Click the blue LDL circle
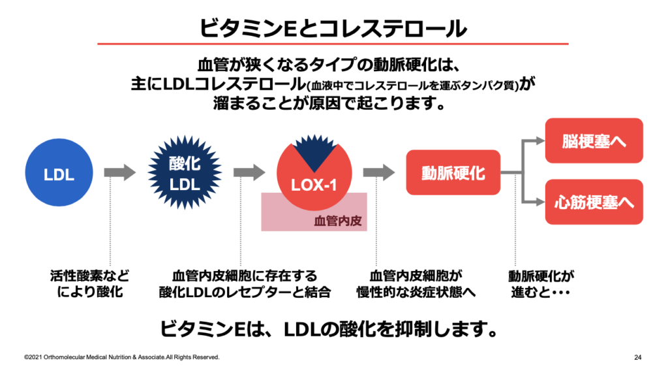59,174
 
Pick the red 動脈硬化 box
453,172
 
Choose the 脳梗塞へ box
594,140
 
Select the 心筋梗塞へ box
594,202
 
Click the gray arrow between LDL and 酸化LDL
119,172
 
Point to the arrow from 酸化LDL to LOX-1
249,172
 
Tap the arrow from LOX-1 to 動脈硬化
379,172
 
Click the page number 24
637,357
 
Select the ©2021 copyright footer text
121,357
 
